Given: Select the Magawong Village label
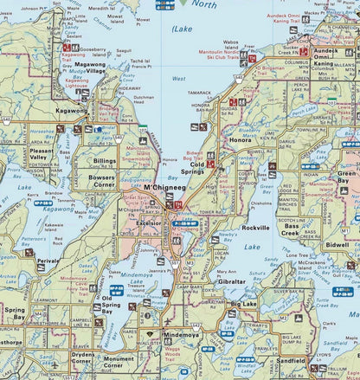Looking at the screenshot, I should (x=89, y=68).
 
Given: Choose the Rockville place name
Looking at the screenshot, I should (x=255, y=228).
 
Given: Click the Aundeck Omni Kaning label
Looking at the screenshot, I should (x=331, y=55).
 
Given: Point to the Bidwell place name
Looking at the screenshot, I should (x=337, y=246).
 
